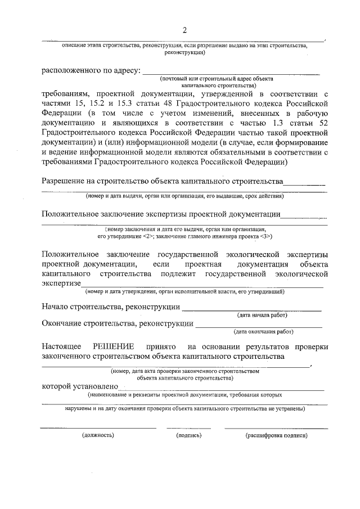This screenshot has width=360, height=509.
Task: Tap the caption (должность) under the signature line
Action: point(98,435)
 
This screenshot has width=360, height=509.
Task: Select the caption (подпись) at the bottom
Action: point(188,435)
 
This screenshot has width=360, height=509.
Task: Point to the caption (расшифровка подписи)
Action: point(276,435)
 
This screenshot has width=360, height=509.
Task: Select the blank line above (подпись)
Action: point(188,428)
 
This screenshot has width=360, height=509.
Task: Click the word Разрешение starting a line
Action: point(65,181)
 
